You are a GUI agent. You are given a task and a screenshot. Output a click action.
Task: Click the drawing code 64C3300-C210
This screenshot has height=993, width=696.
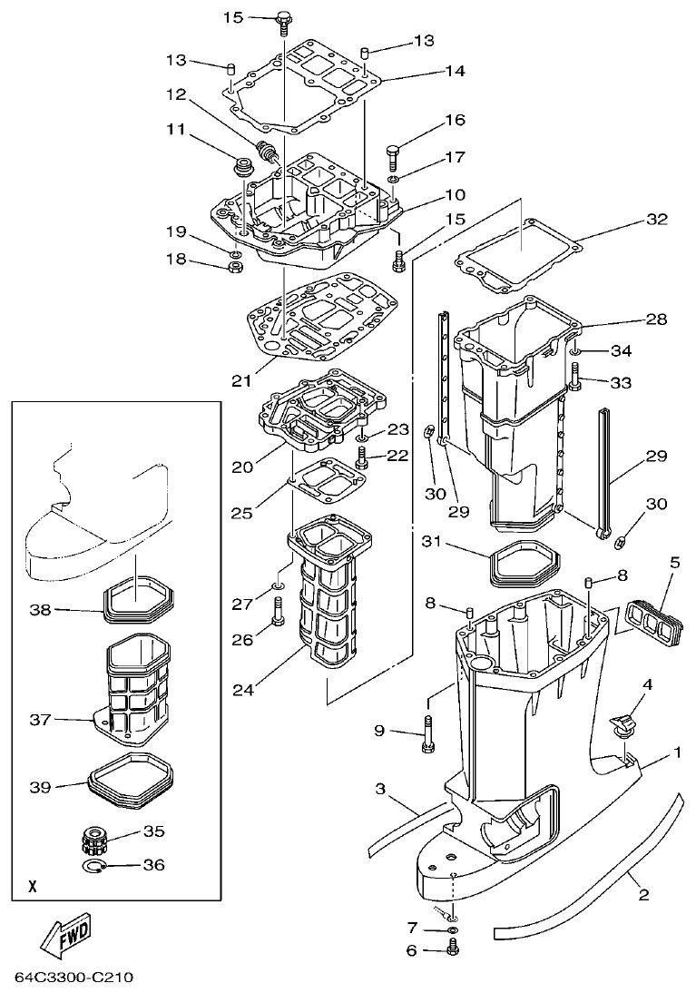pyautogui.click(x=74, y=978)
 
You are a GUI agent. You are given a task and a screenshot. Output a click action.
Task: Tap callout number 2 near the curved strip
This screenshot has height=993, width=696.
pyautogui.click(x=643, y=895)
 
